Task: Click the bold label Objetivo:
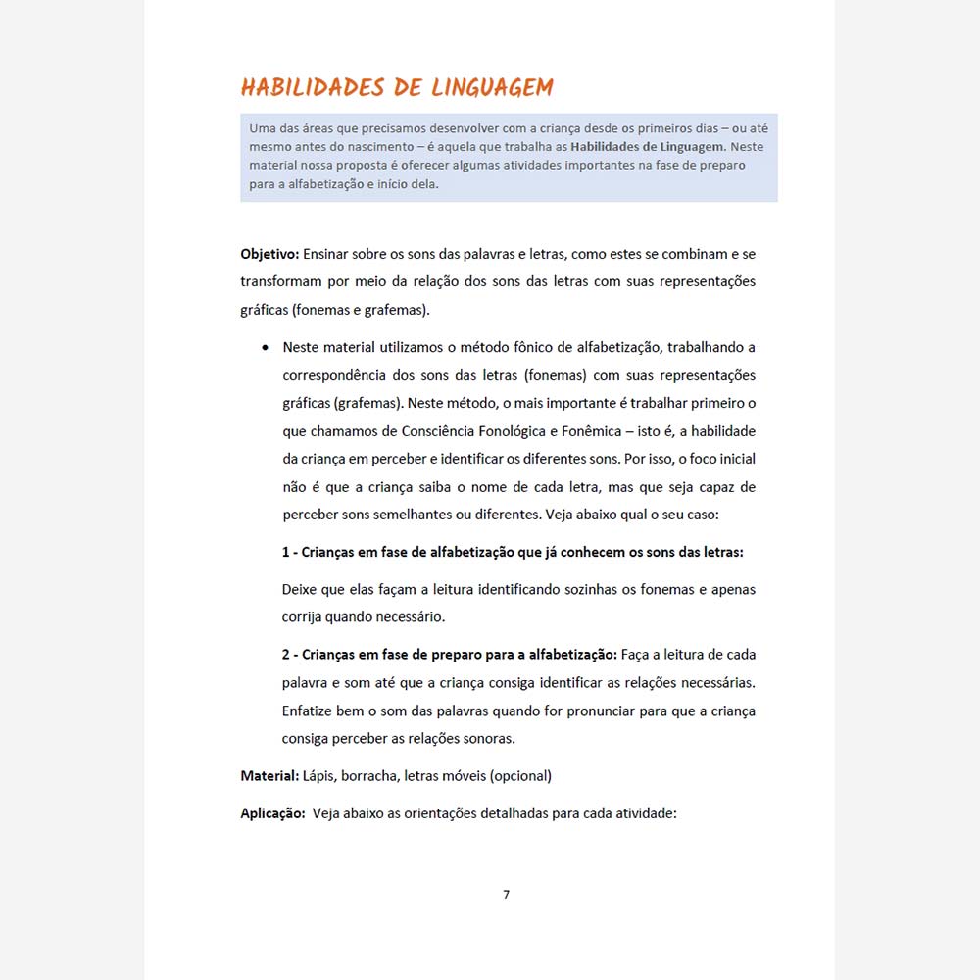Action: [x=269, y=254]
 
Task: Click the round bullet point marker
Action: [x=265, y=348]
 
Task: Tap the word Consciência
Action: [x=443, y=431]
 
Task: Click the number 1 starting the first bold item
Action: [x=286, y=552]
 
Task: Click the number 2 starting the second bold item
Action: [x=286, y=655]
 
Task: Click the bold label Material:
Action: [x=269, y=776]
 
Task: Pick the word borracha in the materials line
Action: [x=370, y=776]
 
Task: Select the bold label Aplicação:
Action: [x=272, y=813]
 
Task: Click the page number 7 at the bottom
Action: [x=506, y=894]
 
